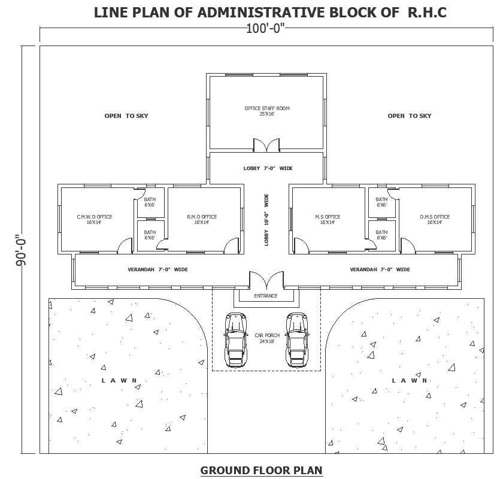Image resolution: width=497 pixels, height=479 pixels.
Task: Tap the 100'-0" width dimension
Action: click(266, 28)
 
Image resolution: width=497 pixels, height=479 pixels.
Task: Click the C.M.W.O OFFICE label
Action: click(95, 219)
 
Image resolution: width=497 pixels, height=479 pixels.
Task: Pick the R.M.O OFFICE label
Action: click(201, 219)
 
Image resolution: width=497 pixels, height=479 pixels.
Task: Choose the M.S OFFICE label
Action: click(328, 219)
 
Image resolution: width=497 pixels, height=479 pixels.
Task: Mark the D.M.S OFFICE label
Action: click(434, 219)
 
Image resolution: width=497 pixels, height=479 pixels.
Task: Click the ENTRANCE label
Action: click(266, 296)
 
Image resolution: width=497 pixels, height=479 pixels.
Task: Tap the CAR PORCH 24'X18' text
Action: click(266, 338)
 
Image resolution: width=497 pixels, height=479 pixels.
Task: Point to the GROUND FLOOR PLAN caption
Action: click(261, 471)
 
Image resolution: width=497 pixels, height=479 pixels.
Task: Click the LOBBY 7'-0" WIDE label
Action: click(268, 168)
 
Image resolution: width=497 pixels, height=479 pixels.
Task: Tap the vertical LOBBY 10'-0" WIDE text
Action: click(266, 219)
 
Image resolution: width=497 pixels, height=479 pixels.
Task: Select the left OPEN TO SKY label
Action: click(126, 116)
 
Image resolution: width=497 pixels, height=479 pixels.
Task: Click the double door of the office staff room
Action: click(266, 145)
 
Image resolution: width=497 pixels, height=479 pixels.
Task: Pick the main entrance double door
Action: click(266, 280)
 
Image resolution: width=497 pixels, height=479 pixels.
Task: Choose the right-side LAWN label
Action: click(410, 381)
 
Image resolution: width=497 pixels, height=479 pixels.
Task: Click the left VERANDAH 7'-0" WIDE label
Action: click(157, 269)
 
